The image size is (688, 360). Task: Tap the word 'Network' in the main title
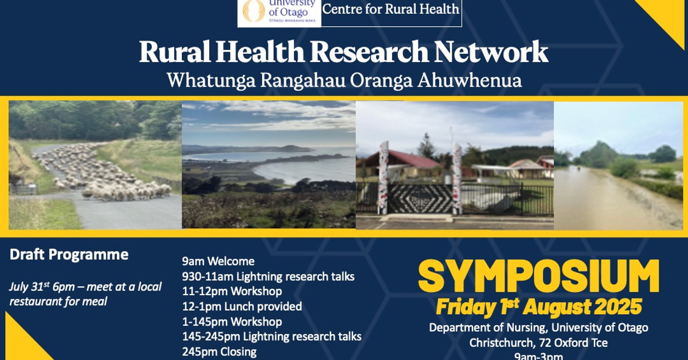[491, 53]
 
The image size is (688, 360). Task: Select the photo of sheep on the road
[95, 165]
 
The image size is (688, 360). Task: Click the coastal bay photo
[268, 165]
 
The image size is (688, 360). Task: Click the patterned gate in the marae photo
[420, 198]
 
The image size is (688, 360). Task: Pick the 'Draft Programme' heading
[69, 255]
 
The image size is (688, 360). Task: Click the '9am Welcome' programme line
[218, 262]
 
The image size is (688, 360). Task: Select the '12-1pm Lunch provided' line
[242, 307]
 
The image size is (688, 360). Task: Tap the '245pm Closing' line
[220, 351]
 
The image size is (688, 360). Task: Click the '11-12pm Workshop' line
[232, 292]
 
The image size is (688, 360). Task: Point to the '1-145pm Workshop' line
[232, 322]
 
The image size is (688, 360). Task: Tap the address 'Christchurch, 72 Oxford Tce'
[538, 343]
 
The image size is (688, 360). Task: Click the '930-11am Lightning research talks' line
[268, 277]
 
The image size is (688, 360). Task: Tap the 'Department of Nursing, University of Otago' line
[538, 328]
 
